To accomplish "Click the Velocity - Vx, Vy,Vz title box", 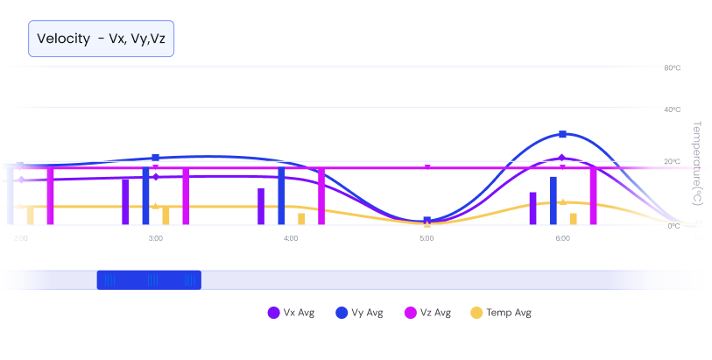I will pyautogui.click(x=102, y=39).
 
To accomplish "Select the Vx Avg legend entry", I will pyautogui.click(x=287, y=313).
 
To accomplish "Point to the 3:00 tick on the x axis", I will pyautogui.click(x=155, y=238).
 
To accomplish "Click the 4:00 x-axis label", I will pyautogui.click(x=291, y=238).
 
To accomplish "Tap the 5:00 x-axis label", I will pyautogui.click(x=426, y=238).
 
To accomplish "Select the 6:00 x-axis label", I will pyautogui.click(x=562, y=238).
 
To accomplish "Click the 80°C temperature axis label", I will pyautogui.click(x=672, y=67).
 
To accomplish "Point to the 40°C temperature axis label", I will pyautogui.click(x=672, y=109).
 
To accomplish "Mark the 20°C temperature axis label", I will pyautogui.click(x=672, y=162).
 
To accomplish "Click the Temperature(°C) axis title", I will pyautogui.click(x=697, y=162).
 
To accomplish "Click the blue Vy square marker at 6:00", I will pyautogui.click(x=562, y=134).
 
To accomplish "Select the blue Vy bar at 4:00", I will pyautogui.click(x=281, y=196).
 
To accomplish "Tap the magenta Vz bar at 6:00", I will pyautogui.click(x=594, y=196).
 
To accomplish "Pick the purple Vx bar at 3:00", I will pyautogui.click(x=125, y=202).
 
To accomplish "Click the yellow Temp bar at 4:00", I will pyautogui.click(x=301, y=219).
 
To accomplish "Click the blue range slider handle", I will pyautogui.click(x=148, y=280).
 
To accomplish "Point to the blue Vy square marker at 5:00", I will pyautogui.click(x=426, y=221).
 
